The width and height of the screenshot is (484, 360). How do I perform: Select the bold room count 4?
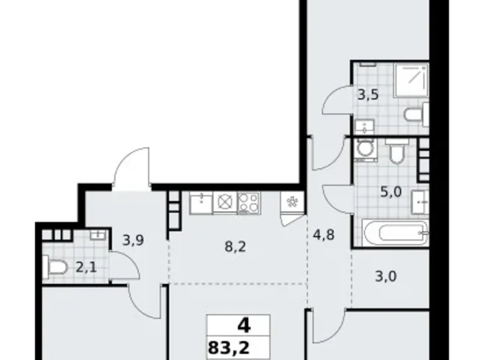point(238,324)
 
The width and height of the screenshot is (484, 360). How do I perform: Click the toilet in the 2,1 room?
point(57,267)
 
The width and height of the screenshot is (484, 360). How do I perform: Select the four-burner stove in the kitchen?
point(249,202)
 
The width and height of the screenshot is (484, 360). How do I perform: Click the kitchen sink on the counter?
point(200,202)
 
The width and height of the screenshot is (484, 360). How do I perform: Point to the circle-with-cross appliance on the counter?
point(225,202)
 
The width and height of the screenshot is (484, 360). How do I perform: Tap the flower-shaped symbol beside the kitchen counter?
point(292,202)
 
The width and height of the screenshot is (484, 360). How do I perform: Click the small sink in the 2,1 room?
point(97,235)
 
